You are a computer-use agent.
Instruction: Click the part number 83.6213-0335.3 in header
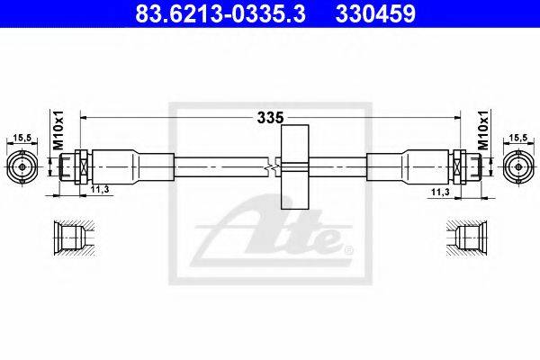click(220, 13)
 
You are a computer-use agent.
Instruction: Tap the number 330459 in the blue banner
click(375, 13)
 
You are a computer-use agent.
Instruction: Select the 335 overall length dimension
click(271, 118)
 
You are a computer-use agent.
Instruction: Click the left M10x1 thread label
click(58, 130)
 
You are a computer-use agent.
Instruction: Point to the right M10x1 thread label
click(484, 130)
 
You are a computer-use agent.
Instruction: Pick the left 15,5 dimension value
click(22, 138)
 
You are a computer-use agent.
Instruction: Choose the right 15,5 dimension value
click(518, 138)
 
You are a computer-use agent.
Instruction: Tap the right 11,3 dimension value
click(440, 193)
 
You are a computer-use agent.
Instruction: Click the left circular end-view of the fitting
click(22, 167)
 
